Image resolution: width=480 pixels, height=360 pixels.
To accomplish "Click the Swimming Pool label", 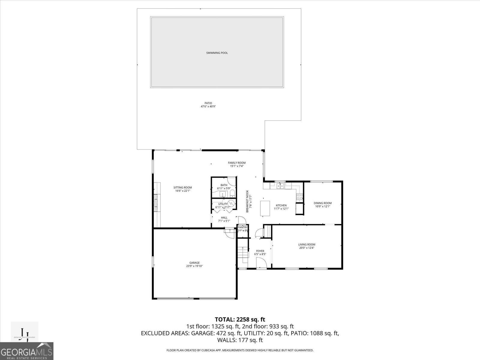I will point(217,53).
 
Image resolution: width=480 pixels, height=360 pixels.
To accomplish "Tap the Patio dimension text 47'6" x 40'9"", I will point(208,106).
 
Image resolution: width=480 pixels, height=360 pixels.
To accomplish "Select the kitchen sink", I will point(280,186).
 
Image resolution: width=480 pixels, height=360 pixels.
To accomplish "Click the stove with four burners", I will point(299,197).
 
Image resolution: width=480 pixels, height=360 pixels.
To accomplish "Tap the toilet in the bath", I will point(232,193).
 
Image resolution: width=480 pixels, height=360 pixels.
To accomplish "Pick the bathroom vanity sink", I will point(222,194).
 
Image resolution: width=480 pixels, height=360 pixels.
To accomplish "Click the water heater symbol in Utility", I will point(231,203).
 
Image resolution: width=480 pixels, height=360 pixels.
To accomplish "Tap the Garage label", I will point(194,263).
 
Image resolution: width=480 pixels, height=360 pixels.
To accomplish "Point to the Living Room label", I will point(307,244).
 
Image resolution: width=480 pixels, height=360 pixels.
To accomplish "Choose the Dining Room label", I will point(322,203).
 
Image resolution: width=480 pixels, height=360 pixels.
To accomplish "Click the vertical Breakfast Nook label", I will point(247,201).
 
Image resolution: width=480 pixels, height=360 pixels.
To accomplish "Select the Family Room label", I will point(237,163).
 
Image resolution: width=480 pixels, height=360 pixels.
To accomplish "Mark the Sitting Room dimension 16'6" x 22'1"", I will point(183,191).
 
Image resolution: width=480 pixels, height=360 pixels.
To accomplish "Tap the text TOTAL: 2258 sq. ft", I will point(240,319).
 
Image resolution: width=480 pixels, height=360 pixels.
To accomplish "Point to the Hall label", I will point(224,217).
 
